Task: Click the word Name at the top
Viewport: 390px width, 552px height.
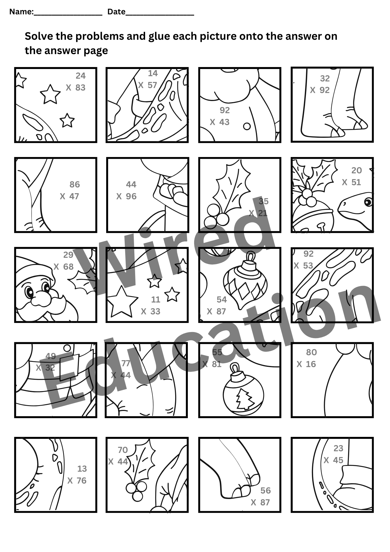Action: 21,12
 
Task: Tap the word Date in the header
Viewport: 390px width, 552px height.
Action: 116,12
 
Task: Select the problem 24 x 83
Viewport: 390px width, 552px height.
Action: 76,82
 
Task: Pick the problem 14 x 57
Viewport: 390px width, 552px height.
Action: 148,79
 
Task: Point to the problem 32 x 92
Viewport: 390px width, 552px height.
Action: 320,84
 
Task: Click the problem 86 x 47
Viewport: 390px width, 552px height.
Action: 70,190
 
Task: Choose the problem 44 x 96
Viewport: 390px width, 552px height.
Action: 127,190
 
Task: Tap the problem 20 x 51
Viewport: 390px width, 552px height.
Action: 352,176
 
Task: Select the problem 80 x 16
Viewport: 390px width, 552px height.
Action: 307,358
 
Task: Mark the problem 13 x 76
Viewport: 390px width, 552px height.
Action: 78,475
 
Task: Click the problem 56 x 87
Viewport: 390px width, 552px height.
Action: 261,497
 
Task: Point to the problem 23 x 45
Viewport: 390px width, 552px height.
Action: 334,454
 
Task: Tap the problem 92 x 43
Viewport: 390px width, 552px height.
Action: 220,116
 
